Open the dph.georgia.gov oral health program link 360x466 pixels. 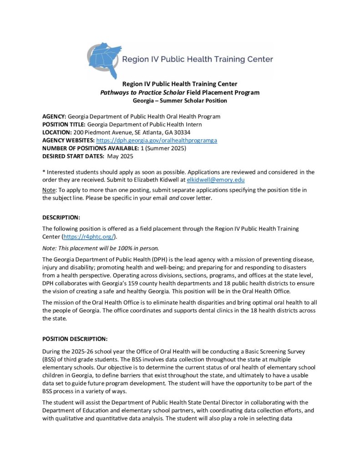(x=157, y=140)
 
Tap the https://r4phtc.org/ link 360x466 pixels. (x=90, y=237)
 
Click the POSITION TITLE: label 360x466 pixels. (x=64, y=124)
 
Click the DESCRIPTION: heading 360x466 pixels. (x=61, y=217)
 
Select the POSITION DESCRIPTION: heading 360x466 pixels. (x=75, y=339)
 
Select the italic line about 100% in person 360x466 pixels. (x=101, y=248)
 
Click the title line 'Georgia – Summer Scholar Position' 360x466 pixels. (x=180, y=101)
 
